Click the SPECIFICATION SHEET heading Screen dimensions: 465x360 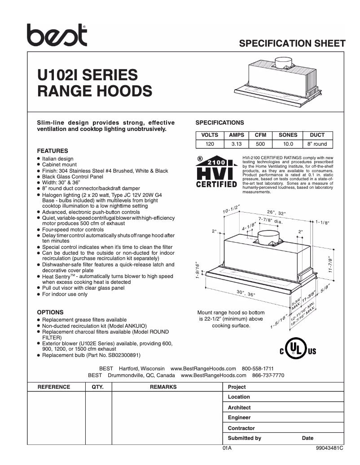(x=292, y=43)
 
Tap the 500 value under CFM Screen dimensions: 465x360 (x=260, y=144)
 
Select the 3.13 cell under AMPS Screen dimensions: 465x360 (x=236, y=144)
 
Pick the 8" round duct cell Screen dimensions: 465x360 (x=317, y=144)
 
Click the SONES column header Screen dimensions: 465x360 (x=288, y=135)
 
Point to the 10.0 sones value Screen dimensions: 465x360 (x=288, y=144)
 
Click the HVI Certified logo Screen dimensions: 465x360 (x=217, y=172)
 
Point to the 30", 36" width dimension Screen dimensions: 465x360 (x=246, y=293)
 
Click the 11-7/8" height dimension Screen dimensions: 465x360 (x=331, y=265)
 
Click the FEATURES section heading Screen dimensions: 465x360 (x=53, y=151)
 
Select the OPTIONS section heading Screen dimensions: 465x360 (x=50, y=312)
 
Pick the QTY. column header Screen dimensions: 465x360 (x=97, y=387)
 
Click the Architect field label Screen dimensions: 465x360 (x=239, y=408)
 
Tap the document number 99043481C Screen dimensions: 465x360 (x=329, y=448)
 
